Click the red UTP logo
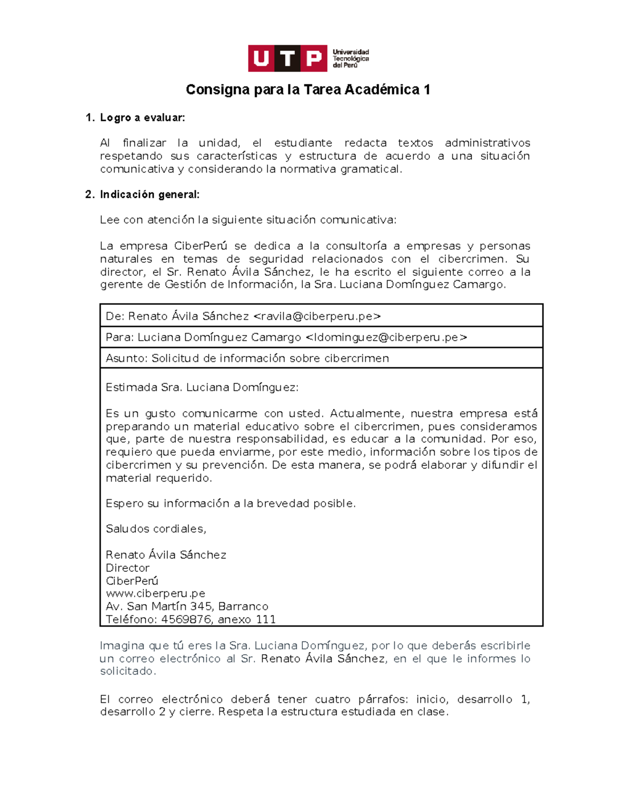point(287,58)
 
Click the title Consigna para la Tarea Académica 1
point(308,90)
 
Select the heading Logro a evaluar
point(142,118)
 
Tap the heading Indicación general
point(149,194)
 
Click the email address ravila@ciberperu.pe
point(317,317)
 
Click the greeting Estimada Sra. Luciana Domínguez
point(202,387)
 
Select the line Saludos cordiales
point(156,529)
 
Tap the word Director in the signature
point(128,568)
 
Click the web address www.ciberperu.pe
point(155,593)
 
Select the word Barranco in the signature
point(243,606)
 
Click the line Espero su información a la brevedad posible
point(230,504)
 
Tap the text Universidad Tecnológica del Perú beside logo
point(351,59)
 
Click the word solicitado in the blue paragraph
point(127,671)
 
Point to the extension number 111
point(266,619)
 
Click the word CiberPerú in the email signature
point(132,581)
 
